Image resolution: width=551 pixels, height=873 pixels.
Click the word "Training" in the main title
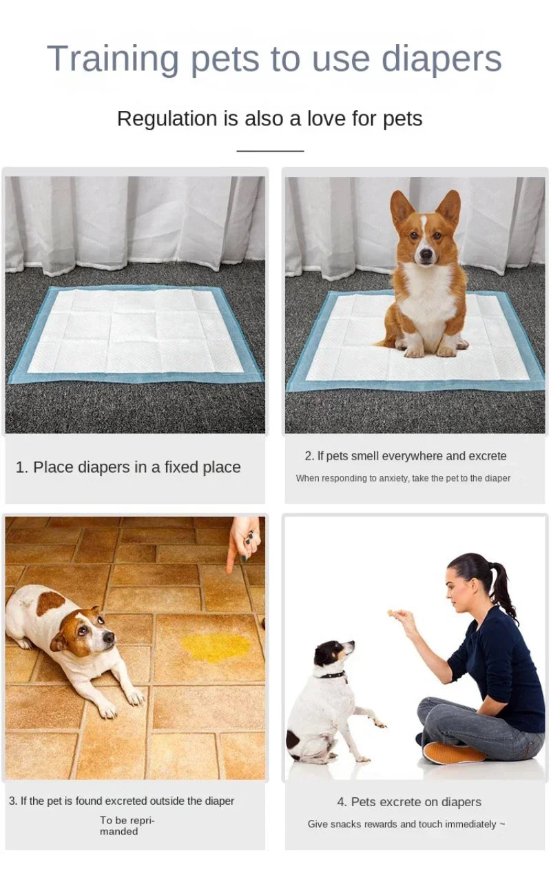pos(114,59)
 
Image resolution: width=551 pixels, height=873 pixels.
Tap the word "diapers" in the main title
pos(441,59)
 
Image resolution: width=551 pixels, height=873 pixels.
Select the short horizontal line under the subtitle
pos(270,150)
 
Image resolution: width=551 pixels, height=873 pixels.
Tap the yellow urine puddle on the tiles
pos(216,646)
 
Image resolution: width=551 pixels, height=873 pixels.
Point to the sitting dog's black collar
pos(333,675)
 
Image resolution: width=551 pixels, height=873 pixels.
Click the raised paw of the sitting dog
pos(377,723)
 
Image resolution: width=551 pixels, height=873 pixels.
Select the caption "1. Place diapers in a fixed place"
pos(128,467)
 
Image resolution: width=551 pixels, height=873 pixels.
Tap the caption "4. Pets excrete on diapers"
pos(409,802)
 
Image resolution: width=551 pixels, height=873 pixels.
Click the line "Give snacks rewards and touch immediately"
pos(405,824)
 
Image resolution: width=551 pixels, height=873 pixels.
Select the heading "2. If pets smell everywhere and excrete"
pos(405,456)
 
